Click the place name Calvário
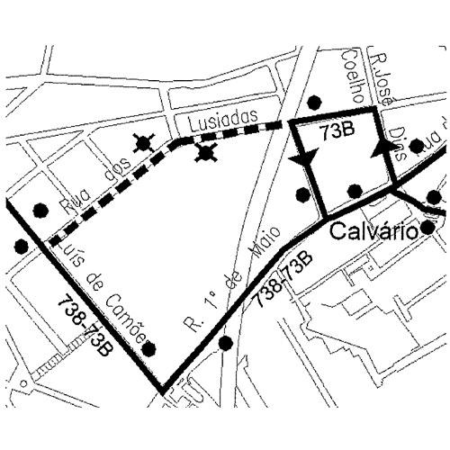(371, 231)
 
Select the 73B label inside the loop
(337, 134)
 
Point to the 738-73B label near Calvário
(283, 283)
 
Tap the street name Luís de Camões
(106, 288)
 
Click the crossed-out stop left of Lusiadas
(141, 141)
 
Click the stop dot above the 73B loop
(313, 100)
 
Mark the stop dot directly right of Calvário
(427, 228)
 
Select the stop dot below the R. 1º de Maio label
(225, 342)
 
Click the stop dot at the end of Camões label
(149, 349)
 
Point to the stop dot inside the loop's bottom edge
(355, 191)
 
